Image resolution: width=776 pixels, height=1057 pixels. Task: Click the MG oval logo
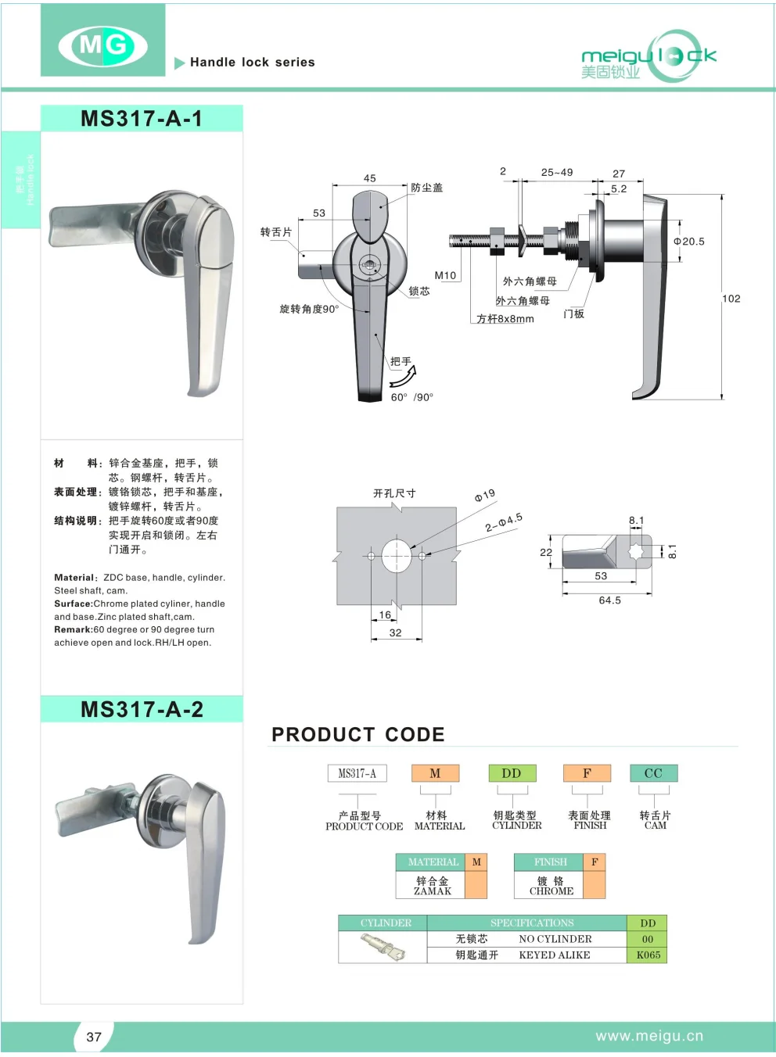[102, 45]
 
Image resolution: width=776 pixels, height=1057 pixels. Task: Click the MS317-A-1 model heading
[142, 119]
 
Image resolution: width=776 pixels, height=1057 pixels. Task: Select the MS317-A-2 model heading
[142, 709]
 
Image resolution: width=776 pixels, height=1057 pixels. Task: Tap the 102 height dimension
[731, 299]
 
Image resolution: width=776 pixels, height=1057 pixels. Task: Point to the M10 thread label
[445, 275]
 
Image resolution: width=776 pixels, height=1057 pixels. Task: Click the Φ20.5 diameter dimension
[689, 242]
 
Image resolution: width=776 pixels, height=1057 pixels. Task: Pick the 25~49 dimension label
[557, 172]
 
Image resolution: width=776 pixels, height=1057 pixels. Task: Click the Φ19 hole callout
[485, 495]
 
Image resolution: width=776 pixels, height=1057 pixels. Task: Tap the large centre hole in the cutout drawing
[397, 556]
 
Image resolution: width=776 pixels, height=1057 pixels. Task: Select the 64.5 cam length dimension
[609, 600]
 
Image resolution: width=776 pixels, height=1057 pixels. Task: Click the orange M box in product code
[435, 773]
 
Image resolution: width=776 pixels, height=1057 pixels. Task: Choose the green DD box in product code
[512, 773]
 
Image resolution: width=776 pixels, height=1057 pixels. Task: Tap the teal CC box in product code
[653, 773]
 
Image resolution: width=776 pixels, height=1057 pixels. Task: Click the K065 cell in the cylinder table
[648, 955]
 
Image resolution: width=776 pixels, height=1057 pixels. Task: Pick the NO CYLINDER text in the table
[555, 939]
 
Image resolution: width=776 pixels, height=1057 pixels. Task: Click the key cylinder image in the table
[383, 947]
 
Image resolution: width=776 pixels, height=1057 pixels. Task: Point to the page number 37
[94, 1037]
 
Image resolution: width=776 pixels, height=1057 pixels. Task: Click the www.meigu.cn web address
[649, 1036]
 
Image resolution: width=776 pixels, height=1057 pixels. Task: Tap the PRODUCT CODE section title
[357, 734]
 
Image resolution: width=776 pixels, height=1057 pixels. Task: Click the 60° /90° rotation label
[411, 397]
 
